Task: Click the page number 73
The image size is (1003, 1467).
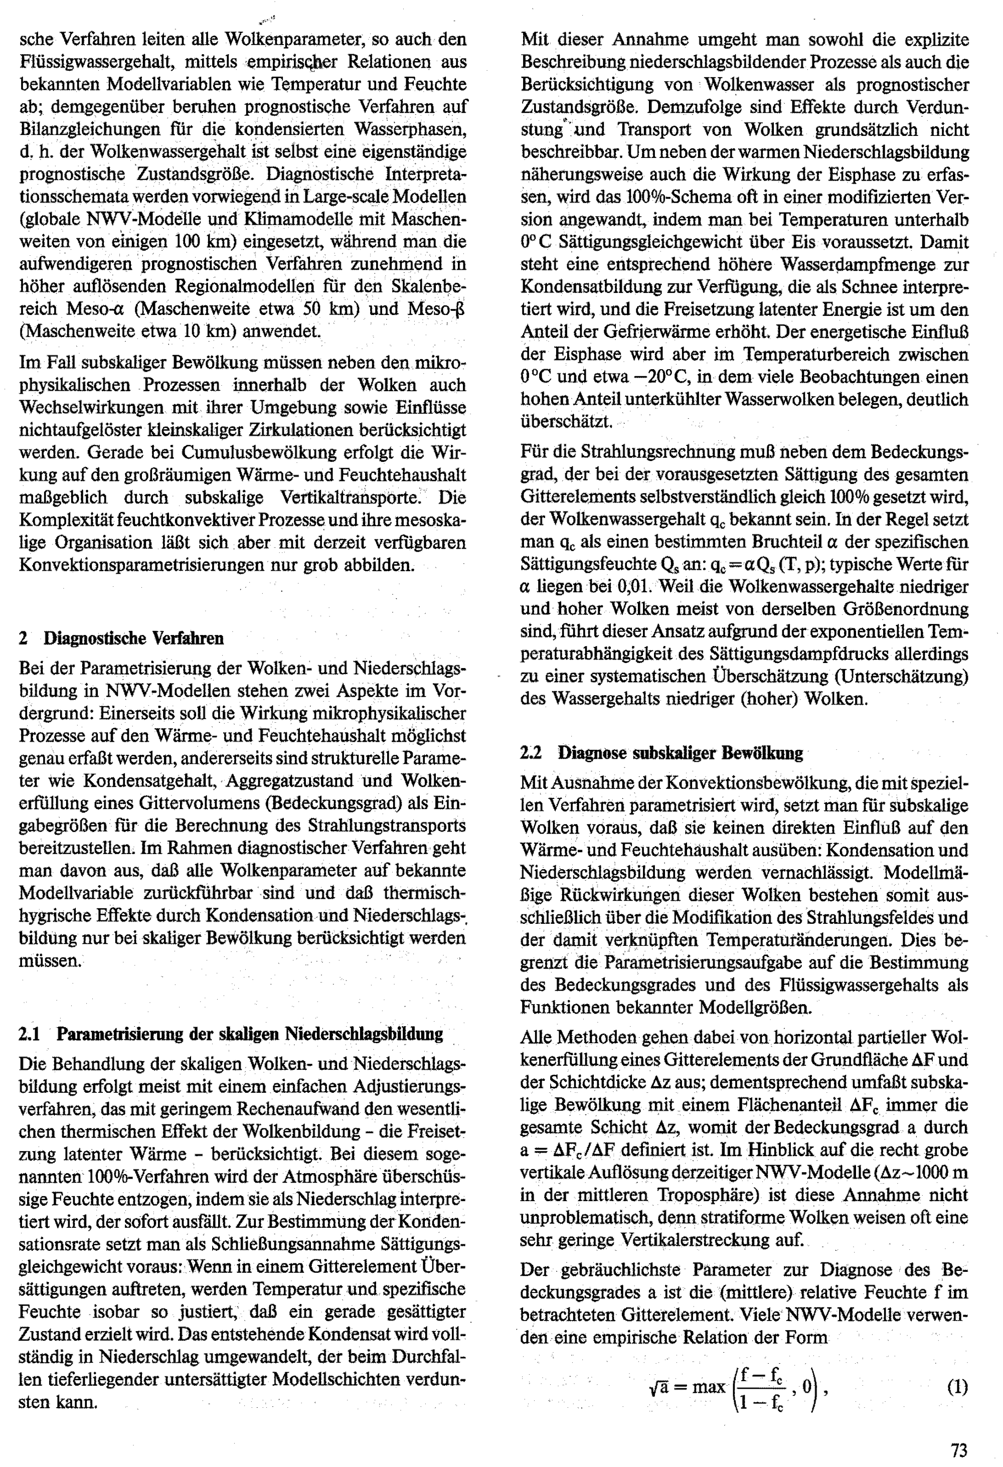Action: click(x=959, y=1449)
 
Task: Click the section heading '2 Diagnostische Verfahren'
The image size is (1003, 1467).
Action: click(x=121, y=638)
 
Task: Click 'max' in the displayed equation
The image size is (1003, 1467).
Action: click(x=708, y=1387)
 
